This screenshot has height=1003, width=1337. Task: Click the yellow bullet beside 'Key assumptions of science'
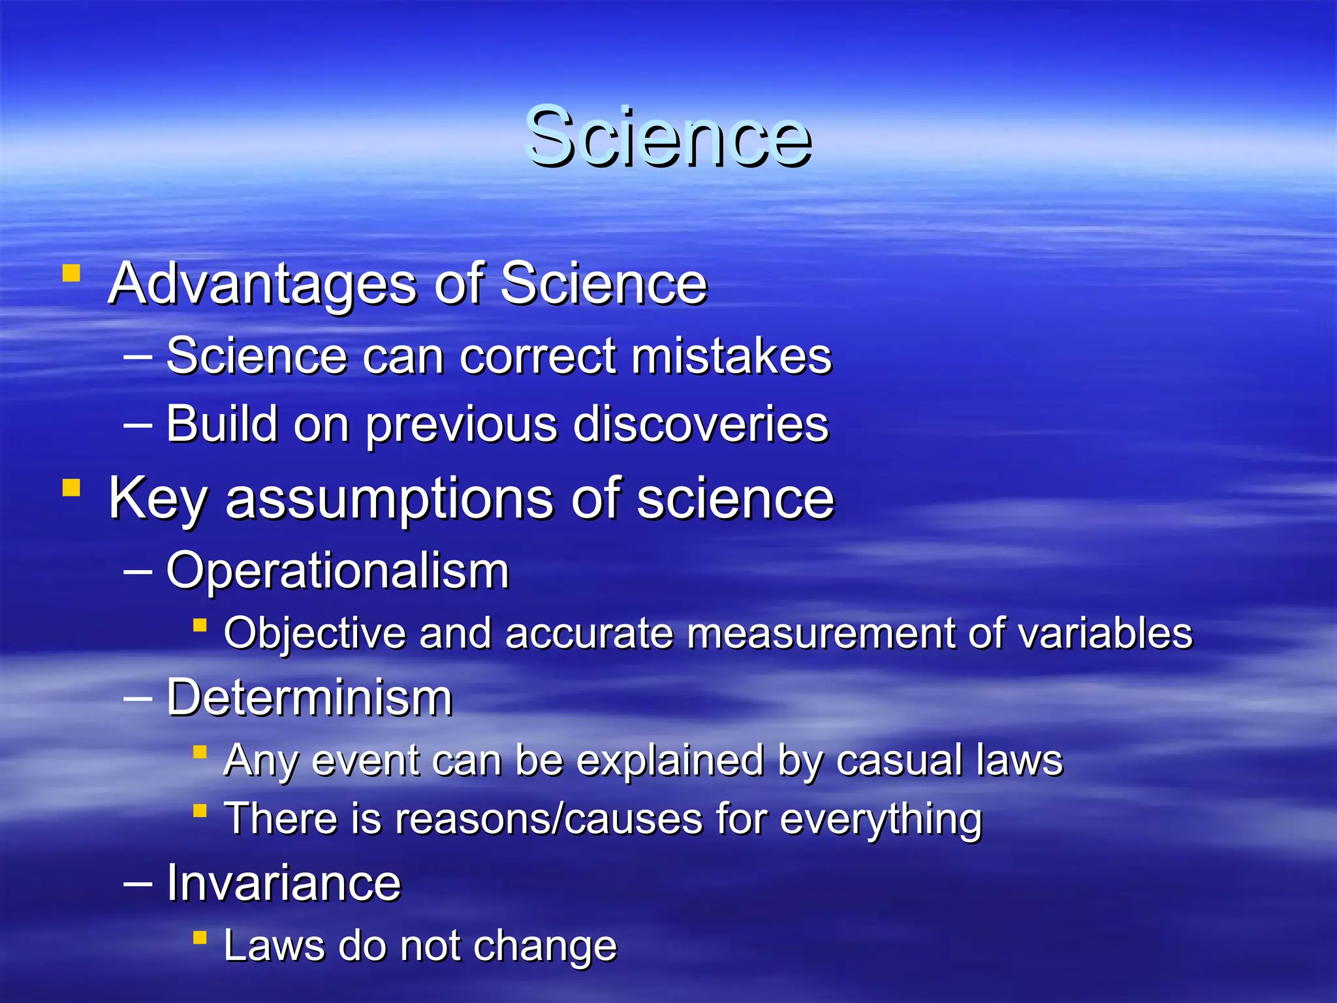(x=71, y=488)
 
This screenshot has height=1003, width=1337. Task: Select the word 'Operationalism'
(x=338, y=571)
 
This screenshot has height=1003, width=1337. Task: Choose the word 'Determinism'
(x=309, y=698)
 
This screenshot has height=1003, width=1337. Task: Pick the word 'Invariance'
(x=283, y=883)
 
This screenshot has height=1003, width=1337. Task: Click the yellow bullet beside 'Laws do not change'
(x=200, y=938)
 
